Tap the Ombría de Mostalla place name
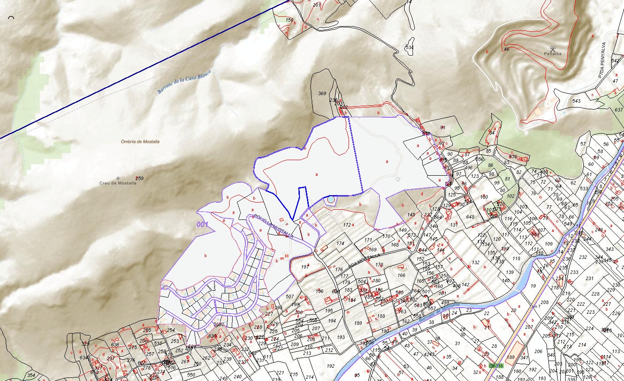click(x=140, y=142)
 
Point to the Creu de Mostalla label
click(x=118, y=183)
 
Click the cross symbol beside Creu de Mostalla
click(x=118, y=178)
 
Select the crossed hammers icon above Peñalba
click(x=553, y=48)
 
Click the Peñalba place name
click(x=553, y=54)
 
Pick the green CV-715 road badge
click(x=496, y=366)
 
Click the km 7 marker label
click(x=537, y=306)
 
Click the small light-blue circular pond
click(x=330, y=200)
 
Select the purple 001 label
click(x=203, y=224)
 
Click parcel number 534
click(x=410, y=47)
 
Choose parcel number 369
click(x=322, y=93)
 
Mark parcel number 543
click(x=576, y=101)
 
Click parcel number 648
click(x=470, y=217)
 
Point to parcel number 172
click(x=347, y=225)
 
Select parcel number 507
click(x=290, y=296)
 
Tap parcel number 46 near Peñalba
click(x=506, y=49)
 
